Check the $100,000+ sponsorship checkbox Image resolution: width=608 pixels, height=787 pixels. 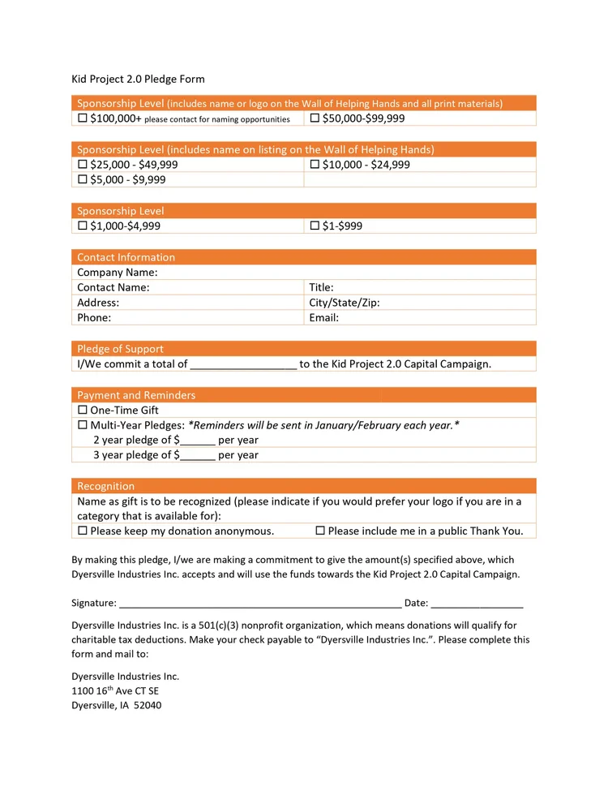point(83,118)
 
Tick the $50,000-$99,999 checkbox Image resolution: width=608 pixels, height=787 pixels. point(315,118)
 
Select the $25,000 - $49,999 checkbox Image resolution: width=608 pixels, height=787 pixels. point(83,165)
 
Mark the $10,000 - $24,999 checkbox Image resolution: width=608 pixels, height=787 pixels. point(315,165)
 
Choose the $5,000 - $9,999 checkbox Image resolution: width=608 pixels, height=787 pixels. point(83,180)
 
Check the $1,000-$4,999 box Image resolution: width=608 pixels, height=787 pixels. point(83,226)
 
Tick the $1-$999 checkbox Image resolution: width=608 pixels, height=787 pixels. point(315,226)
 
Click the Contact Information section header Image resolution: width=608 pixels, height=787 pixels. point(126,257)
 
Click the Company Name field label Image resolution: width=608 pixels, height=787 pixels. point(117,273)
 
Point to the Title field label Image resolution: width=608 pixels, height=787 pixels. point(321,287)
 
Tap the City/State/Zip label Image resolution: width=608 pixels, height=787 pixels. point(345,303)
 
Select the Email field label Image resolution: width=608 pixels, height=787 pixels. point(323,318)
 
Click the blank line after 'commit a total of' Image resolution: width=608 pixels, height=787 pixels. point(243,365)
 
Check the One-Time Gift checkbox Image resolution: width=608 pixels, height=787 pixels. point(83,411)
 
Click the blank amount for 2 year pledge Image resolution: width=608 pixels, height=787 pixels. point(198,441)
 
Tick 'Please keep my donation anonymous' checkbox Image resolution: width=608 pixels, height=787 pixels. point(83,531)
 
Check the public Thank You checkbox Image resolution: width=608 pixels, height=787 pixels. point(320,531)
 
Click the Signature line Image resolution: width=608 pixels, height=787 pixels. point(259,604)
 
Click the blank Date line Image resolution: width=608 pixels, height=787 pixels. point(477,604)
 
